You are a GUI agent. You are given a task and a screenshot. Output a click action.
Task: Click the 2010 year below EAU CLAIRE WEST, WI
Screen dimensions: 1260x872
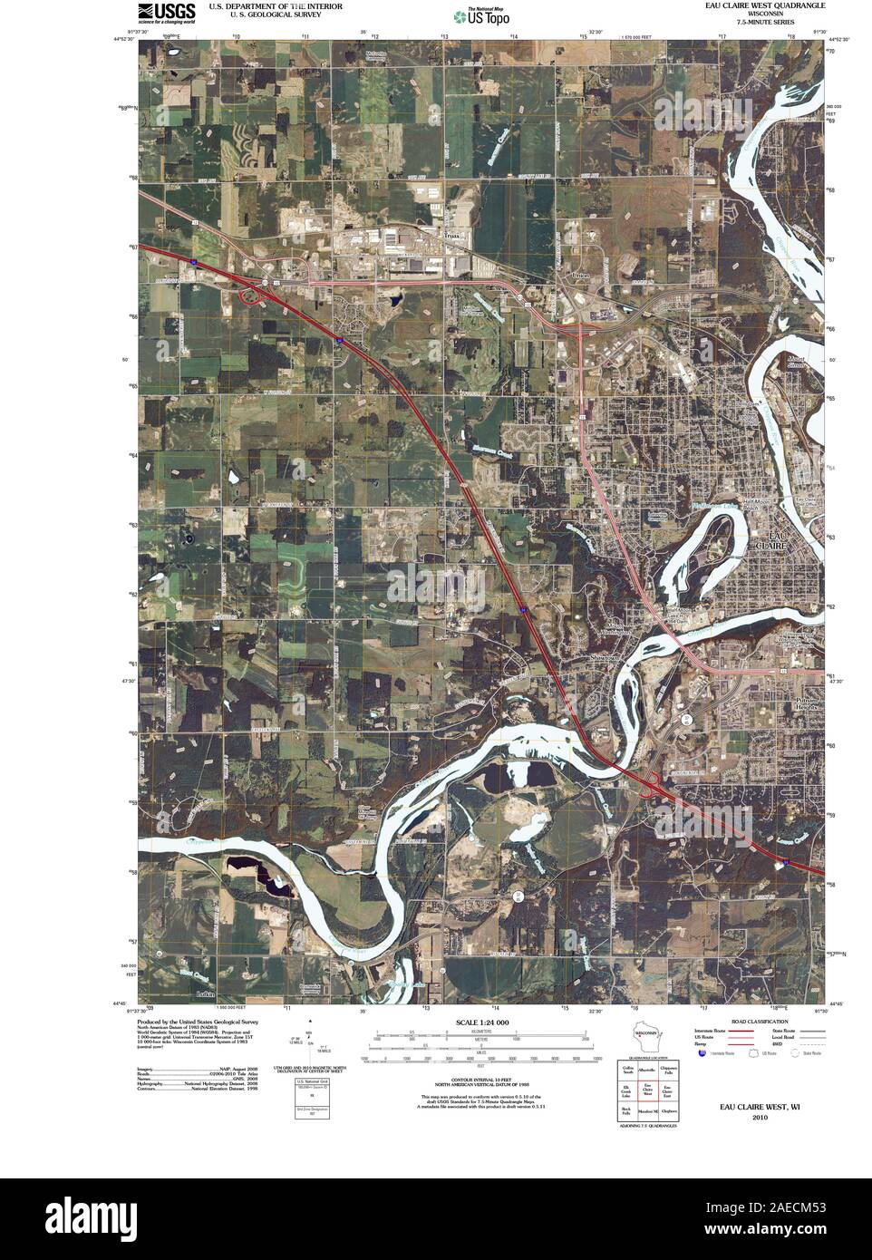pos(759,1118)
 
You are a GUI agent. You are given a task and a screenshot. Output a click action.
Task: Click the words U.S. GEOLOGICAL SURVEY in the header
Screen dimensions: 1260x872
pos(264,15)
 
